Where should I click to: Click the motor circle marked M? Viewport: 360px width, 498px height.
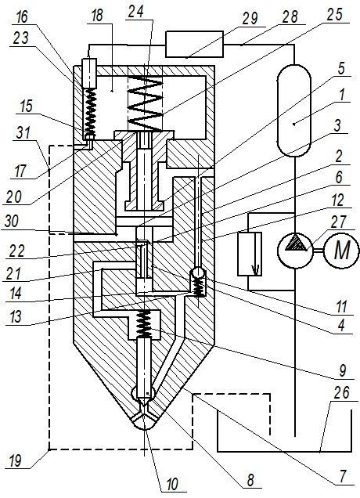click(341, 251)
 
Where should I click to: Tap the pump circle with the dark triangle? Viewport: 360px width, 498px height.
click(295, 251)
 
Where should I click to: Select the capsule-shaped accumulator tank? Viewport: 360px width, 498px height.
click(294, 110)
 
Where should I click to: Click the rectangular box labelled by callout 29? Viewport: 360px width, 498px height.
click(194, 44)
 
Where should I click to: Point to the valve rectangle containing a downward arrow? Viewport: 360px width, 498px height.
click(250, 254)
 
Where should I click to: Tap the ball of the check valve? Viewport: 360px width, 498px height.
click(198, 272)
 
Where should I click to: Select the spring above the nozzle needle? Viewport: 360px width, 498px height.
click(143, 324)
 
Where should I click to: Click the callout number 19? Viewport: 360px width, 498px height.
click(14, 460)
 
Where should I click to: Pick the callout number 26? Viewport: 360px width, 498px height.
click(341, 393)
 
